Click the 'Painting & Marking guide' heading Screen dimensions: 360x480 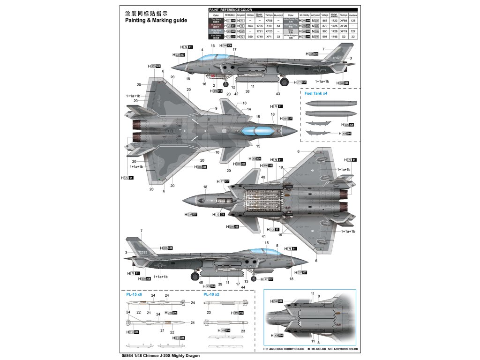pyautogui.click(x=156, y=21)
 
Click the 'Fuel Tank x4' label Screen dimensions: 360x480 pyautogui.click(x=316, y=94)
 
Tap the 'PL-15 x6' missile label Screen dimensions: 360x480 pyautogui.click(x=134, y=295)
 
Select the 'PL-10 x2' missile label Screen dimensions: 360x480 pyautogui.click(x=211, y=295)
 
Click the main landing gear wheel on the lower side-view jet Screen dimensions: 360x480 pyautogui.click(x=195, y=276)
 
